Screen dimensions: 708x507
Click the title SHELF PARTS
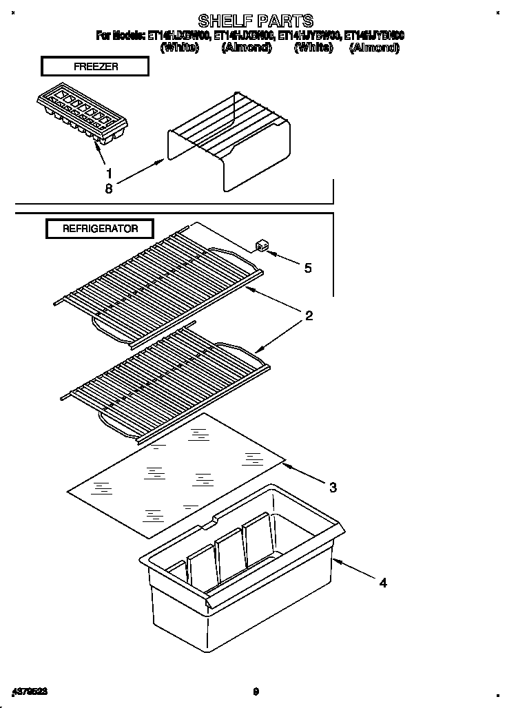pyautogui.click(x=255, y=21)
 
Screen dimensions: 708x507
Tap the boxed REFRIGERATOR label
pyautogui.click(x=100, y=229)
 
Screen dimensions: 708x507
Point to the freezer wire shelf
pyautogui.click(x=229, y=141)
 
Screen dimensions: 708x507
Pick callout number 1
pyautogui.click(x=108, y=174)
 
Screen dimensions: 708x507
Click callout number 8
pyautogui.click(x=108, y=189)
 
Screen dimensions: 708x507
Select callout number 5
pyautogui.click(x=307, y=268)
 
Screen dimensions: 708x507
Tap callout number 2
pyautogui.click(x=309, y=316)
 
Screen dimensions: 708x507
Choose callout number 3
pyautogui.click(x=333, y=488)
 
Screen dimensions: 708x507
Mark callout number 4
pyautogui.click(x=383, y=583)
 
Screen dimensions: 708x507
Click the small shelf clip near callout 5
pyautogui.click(x=261, y=246)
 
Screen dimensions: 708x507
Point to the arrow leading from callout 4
pyautogui.click(x=355, y=571)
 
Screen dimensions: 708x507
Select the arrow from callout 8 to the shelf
pyautogui.click(x=141, y=173)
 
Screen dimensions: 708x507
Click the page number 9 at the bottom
pyautogui.click(x=255, y=691)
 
